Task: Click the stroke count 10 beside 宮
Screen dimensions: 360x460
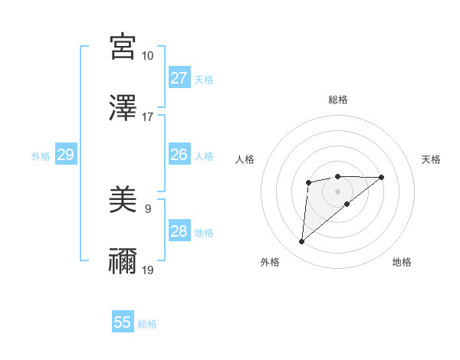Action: coord(148,56)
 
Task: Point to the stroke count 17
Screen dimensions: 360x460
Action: coord(148,117)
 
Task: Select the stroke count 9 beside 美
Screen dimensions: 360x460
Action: coord(147,208)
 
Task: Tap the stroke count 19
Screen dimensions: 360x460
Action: coord(148,270)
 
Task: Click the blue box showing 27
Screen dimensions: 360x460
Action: coord(179,78)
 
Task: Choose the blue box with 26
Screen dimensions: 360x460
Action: coord(179,155)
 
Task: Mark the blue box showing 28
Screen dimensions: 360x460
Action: coord(179,231)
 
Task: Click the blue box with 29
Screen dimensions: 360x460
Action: coord(66,155)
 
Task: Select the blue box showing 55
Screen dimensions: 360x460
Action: coord(123,322)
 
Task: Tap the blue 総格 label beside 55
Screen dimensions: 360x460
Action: coord(147,324)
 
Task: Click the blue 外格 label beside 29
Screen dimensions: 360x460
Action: coord(41,156)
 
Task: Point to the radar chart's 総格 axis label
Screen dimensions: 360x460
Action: coord(337,100)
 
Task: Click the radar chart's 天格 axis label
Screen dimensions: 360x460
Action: coord(431,159)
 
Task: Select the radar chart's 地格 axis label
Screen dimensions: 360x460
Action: coord(402,262)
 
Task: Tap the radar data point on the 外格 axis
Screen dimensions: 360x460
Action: coord(302,242)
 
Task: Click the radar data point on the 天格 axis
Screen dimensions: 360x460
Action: coord(382,177)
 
